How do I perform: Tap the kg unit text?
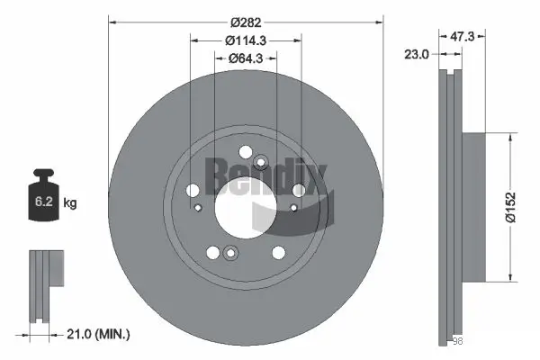coord(69,204)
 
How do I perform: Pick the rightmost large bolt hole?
coord(298,189)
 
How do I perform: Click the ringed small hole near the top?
coord(261,162)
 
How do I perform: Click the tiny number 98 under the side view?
coord(456,340)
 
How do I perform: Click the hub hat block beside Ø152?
coord(472,206)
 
